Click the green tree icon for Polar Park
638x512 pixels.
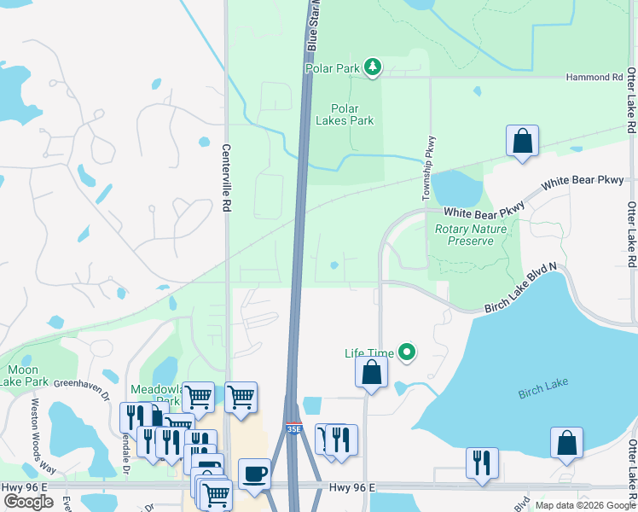[x=372, y=67]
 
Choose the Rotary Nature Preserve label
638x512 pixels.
[x=470, y=235]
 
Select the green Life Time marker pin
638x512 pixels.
[x=408, y=352]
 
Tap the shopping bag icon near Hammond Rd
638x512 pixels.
[x=522, y=141]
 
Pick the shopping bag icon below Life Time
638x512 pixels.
[x=371, y=372]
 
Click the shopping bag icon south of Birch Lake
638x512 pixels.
[x=566, y=443]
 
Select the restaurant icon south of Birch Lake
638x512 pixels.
[x=482, y=463]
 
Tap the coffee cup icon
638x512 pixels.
[x=254, y=473]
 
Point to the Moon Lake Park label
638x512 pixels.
[x=23, y=375]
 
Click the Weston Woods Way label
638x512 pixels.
[x=43, y=435]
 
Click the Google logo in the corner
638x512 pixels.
[x=29, y=502]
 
